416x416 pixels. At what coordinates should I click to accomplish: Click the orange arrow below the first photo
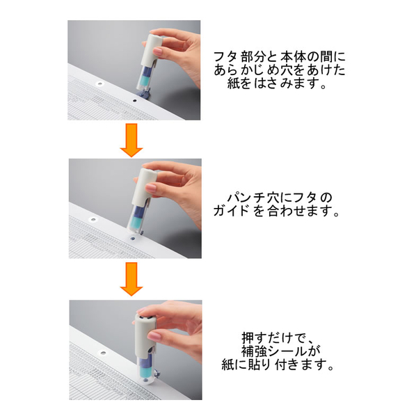pos(131,140)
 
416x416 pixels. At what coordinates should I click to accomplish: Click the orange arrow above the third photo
pos(131,279)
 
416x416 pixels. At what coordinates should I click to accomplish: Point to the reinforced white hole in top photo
pos(99,84)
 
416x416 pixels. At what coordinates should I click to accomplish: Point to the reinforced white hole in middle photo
pos(93,219)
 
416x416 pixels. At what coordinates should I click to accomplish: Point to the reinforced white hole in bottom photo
pos(103,353)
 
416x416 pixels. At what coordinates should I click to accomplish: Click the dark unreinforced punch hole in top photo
pos(134,101)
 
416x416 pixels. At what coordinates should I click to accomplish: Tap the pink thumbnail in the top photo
pos(157,51)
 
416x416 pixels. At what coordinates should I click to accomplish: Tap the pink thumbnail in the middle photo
pos(151,188)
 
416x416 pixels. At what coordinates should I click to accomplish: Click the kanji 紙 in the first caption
pos(234,83)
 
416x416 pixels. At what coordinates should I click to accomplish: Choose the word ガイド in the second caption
pos(231,211)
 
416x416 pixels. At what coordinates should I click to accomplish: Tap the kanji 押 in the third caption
pos(248,338)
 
